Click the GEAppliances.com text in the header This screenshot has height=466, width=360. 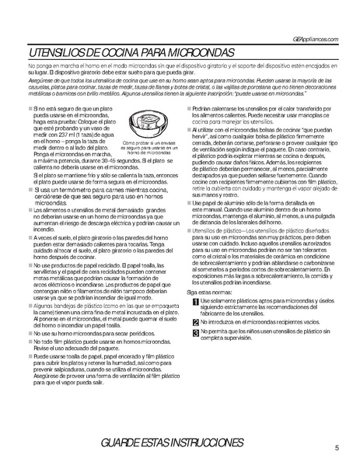(314, 39)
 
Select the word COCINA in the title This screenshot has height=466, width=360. (124, 53)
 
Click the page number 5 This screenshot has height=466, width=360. (337, 447)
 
